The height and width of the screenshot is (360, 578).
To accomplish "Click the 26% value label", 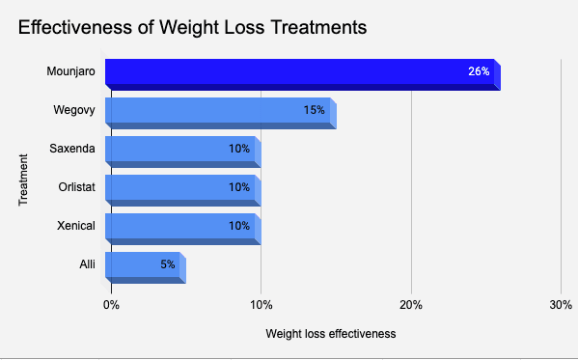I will click(x=479, y=71).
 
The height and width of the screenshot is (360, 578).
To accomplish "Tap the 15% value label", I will click(x=314, y=110).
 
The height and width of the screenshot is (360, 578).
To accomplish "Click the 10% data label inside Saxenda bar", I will click(x=239, y=149).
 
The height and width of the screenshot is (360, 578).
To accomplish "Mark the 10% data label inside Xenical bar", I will click(x=239, y=226).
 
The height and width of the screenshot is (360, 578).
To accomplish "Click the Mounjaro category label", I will click(x=69, y=71).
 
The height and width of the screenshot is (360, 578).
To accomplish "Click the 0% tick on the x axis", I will click(x=111, y=305).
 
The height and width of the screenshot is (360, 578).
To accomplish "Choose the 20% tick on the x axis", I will click(x=411, y=305).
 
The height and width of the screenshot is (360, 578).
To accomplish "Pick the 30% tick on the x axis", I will click(x=560, y=305).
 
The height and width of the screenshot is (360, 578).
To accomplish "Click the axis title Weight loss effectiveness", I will click(x=329, y=334).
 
